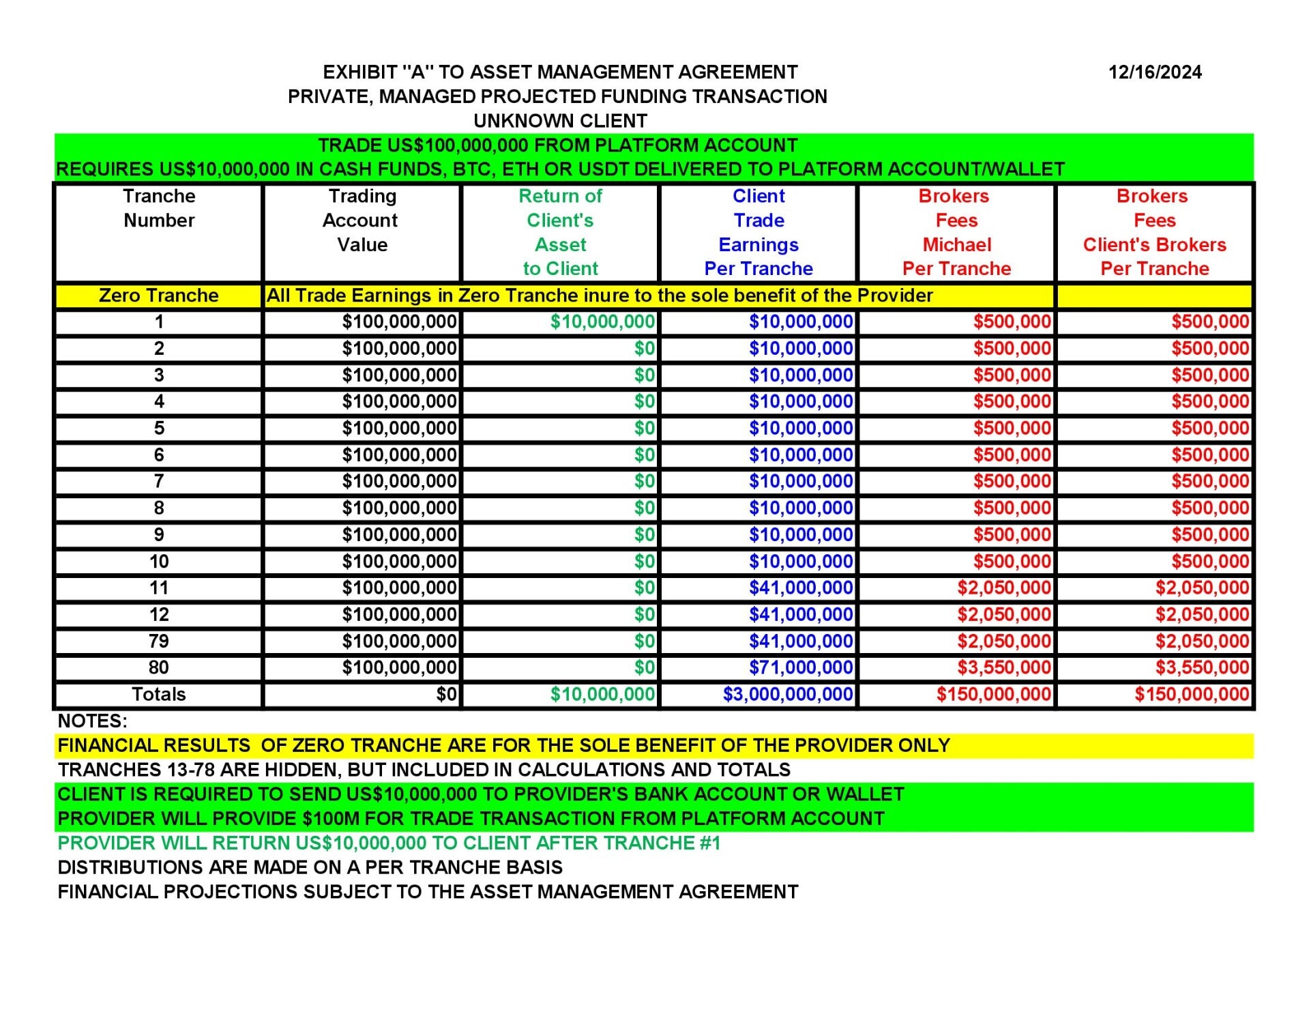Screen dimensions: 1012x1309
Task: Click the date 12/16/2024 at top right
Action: pyautogui.click(x=1154, y=72)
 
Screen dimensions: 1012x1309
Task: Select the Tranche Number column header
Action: pyautogui.click(x=159, y=208)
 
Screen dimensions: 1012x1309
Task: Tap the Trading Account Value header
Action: pyautogui.click(x=362, y=220)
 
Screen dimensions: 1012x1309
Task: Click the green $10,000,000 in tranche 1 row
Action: pyautogui.click(x=602, y=322)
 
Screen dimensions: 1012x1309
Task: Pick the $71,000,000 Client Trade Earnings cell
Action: pyautogui.click(x=801, y=667)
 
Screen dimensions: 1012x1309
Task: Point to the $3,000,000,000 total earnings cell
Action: pyautogui.click(x=788, y=695)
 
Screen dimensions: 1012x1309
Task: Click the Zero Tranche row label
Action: pyautogui.click(x=158, y=295)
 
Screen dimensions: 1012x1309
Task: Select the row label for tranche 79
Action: pyautogui.click(x=159, y=641)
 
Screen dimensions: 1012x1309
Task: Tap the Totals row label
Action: pyautogui.click(x=158, y=695)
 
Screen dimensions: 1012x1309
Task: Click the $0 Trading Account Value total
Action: pyautogui.click(x=446, y=695)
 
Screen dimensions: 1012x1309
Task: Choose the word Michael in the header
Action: pyautogui.click(x=956, y=245)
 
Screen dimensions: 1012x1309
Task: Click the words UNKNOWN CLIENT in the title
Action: pyautogui.click(x=560, y=121)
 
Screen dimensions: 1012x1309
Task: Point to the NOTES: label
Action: pyautogui.click(x=92, y=721)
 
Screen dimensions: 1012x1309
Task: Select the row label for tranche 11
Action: pyautogui.click(x=159, y=588)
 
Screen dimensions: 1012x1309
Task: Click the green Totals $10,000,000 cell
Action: pyautogui.click(x=602, y=695)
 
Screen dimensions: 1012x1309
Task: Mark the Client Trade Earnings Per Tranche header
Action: pyautogui.click(x=759, y=233)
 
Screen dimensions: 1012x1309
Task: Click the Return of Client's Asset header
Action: pyautogui.click(x=560, y=233)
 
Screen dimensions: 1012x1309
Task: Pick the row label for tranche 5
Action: pyautogui.click(x=159, y=429)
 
